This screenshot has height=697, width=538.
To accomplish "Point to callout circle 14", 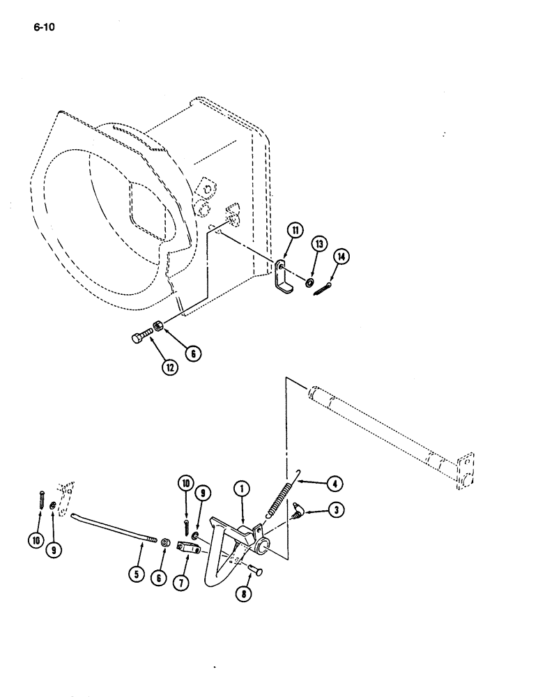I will pos(341,257).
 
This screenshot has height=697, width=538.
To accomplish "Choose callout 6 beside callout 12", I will pos(193,353).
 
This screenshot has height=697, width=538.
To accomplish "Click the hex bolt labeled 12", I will pos(141,337).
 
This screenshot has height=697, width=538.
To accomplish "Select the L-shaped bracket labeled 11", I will pos(282,278).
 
